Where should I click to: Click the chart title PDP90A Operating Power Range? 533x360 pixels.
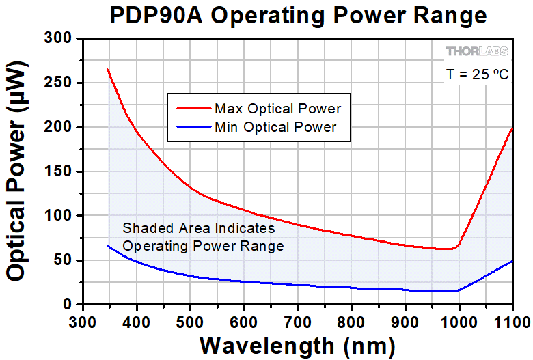(299, 16)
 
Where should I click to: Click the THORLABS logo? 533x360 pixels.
(477, 52)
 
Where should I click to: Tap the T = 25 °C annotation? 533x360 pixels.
(476, 74)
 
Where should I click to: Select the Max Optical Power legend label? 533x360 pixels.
(277, 109)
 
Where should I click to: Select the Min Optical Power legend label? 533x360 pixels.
(275, 126)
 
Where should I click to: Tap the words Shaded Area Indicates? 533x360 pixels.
(199, 228)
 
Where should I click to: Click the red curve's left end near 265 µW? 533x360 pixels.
(108, 70)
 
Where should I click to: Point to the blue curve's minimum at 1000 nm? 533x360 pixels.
(456, 291)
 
